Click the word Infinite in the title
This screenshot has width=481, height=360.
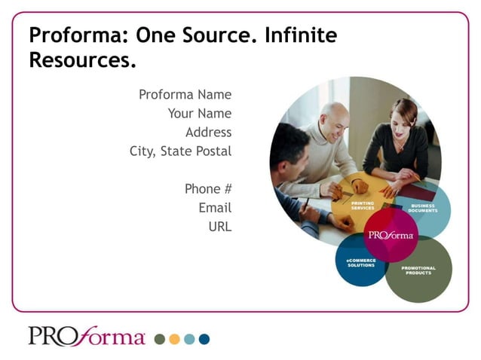(300, 35)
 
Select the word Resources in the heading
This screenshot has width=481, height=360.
(82, 61)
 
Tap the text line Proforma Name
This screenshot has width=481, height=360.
(185, 95)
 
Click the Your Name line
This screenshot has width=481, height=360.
(199, 114)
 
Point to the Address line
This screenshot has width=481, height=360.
(208, 133)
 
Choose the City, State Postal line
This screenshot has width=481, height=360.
(180, 151)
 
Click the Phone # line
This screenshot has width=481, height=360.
(208, 189)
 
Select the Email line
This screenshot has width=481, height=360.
(215, 208)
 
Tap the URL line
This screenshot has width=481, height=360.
(220, 227)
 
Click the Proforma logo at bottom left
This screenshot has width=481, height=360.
(87, 336)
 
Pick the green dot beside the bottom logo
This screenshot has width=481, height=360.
(159, 339)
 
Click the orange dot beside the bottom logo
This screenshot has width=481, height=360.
(174, 339)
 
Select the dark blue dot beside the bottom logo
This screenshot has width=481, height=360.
(204, 339)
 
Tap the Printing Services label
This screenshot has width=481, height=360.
(363, 206)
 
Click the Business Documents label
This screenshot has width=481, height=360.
(423, 208)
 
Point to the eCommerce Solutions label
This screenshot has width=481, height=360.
(361, 263)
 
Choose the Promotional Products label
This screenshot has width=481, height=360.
(418, 270)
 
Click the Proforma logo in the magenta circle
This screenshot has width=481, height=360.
(391, 235)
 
